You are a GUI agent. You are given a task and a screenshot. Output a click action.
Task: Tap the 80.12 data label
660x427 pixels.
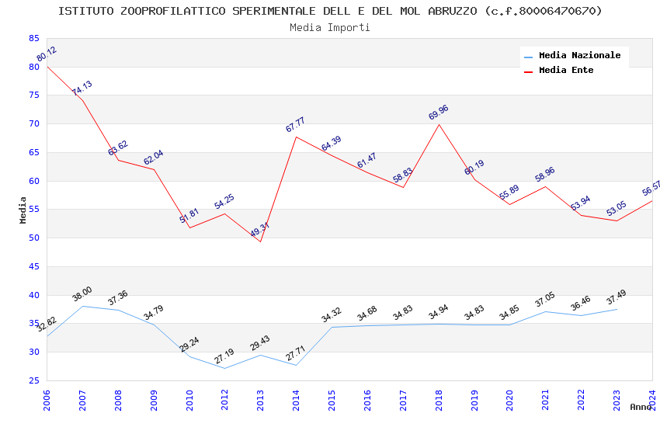pyautogui.click(x=47, y=54)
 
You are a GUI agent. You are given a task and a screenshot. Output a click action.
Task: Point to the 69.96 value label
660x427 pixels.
pyautogui.click(x=439, y=113)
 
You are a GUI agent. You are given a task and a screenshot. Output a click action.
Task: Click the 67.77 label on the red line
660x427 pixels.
pyautogui.click(x=295, y=124)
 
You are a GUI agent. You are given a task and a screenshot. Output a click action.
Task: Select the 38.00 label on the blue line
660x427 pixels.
pyautogui.click(x=82, y=294)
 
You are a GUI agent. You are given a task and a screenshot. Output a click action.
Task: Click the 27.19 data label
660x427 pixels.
pyautogui.click(x=224, y=356)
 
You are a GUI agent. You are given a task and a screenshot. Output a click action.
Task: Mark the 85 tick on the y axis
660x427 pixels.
pyautogui.click(x=33, y=38)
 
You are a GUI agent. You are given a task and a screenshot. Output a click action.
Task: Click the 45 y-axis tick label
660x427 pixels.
pyautogui.click(x=33, y=266)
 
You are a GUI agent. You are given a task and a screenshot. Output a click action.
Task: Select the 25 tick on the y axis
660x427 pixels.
pyautogui.click(x=33, y=380)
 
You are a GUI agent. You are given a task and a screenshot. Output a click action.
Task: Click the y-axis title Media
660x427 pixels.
pyautogui.click(x=23, y=210)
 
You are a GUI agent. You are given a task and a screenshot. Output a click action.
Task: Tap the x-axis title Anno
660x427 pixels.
pyautogui.click(x=641, y=407)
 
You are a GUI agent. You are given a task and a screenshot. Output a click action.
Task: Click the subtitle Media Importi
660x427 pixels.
pyautogui.click(x=330, y=27)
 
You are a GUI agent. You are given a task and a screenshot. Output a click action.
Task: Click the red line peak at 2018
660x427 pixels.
pyautogui.click(x=439, y=124)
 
